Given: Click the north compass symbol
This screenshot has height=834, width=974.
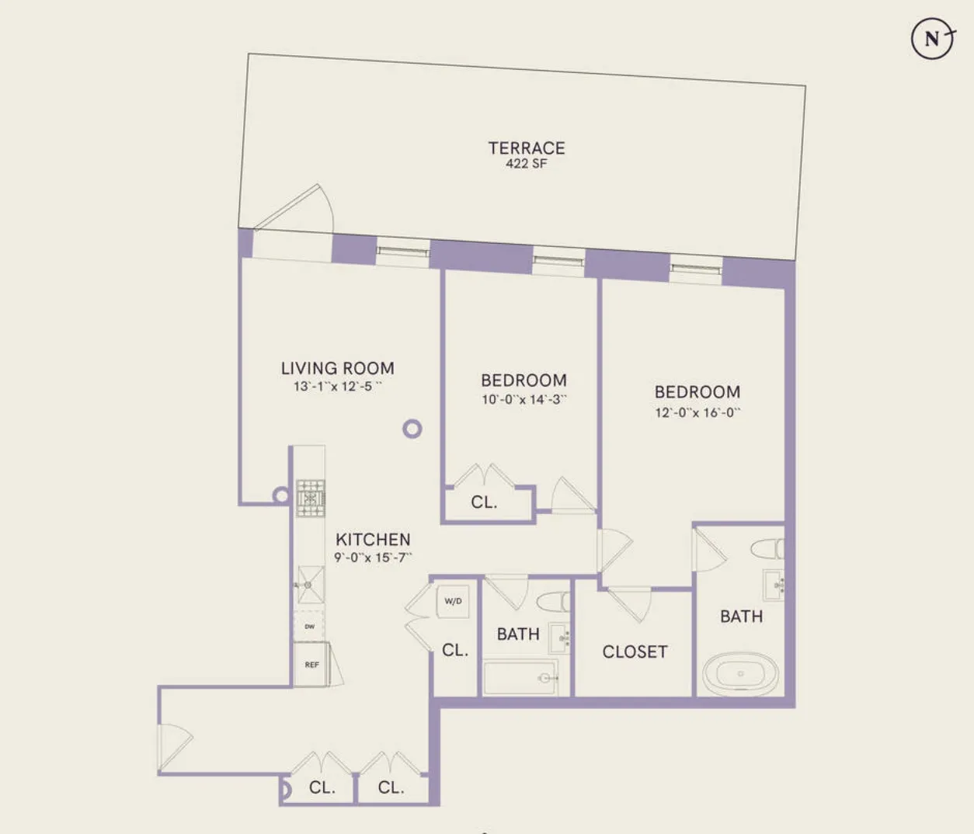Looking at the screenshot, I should click(x=931, y=38).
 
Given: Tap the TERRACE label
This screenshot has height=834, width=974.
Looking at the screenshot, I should click(x=526, y=148).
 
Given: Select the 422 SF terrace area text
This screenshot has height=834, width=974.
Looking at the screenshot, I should click(x=526, y=164).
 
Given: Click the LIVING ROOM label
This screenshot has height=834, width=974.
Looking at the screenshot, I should click(x=337, y=368).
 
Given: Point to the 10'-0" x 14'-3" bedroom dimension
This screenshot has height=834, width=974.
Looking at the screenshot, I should click(x=524, y=400).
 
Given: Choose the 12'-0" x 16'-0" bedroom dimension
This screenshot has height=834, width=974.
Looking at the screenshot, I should click(x=697, y=412).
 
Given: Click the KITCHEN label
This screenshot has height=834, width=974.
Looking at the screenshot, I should click(x=373, y=539).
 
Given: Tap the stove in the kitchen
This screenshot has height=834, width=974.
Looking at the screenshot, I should click(x=311, y=498).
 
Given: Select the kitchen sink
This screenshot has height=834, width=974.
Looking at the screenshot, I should click(x=310, y=584).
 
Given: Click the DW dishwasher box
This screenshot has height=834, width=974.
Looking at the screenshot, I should click(x=309, y=626).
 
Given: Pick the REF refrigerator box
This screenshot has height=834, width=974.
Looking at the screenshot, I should click(x=311, y=665).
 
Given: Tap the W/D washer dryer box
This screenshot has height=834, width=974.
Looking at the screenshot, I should click(x=453, y=601).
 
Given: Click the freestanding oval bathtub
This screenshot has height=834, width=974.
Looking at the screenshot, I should click(x=740, y=674).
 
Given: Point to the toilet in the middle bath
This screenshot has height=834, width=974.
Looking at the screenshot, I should click(x=552, y=602).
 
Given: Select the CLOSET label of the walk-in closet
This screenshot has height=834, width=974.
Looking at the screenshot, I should click(x=635, y=652).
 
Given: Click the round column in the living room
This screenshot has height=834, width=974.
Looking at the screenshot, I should click(x=412, y=429).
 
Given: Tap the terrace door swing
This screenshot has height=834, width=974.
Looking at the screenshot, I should click(x=299, y=208).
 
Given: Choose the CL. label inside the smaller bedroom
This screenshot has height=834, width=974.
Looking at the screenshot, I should click(x=483, y=502).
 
